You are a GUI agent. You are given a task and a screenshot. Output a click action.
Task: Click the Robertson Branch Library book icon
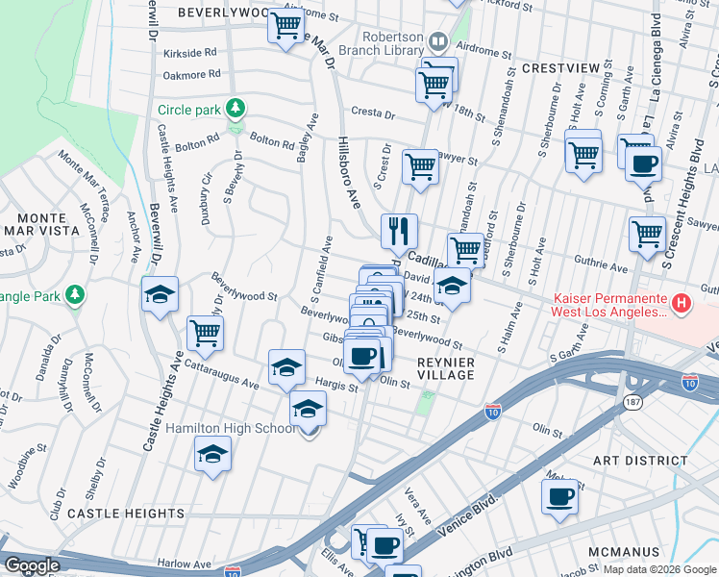click(438, 41)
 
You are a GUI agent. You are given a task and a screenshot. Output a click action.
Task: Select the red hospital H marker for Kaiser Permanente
click(682, 304)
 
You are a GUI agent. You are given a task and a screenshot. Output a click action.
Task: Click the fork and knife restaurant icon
click(399, 231)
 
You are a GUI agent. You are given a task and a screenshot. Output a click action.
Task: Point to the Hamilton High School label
click(231, 428)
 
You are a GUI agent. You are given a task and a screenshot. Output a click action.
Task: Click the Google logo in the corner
click(33, 565)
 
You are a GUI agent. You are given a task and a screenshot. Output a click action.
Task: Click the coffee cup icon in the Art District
click(559, 497)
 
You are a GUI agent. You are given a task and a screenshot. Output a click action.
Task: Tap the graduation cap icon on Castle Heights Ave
click(161, 294)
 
